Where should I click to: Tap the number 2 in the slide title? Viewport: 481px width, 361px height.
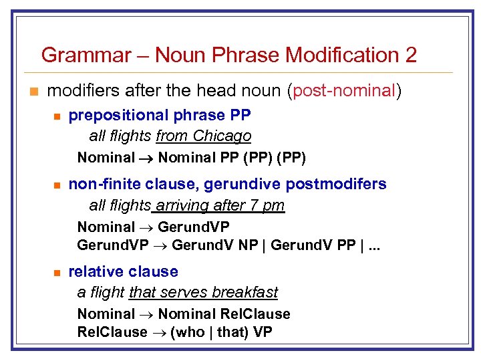[x=410, y=55]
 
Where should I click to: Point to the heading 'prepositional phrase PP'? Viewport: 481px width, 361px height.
[x=160, y=116]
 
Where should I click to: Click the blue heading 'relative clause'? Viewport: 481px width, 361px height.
[x=124, y=271]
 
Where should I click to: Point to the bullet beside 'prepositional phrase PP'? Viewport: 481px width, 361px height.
[x=58, y=117]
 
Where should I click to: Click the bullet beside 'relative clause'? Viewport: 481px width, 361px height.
[x=58, y=273]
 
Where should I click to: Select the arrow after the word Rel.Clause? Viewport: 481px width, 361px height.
[x=159, y=332]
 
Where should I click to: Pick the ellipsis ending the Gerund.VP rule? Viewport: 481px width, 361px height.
[x=374, y=245]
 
